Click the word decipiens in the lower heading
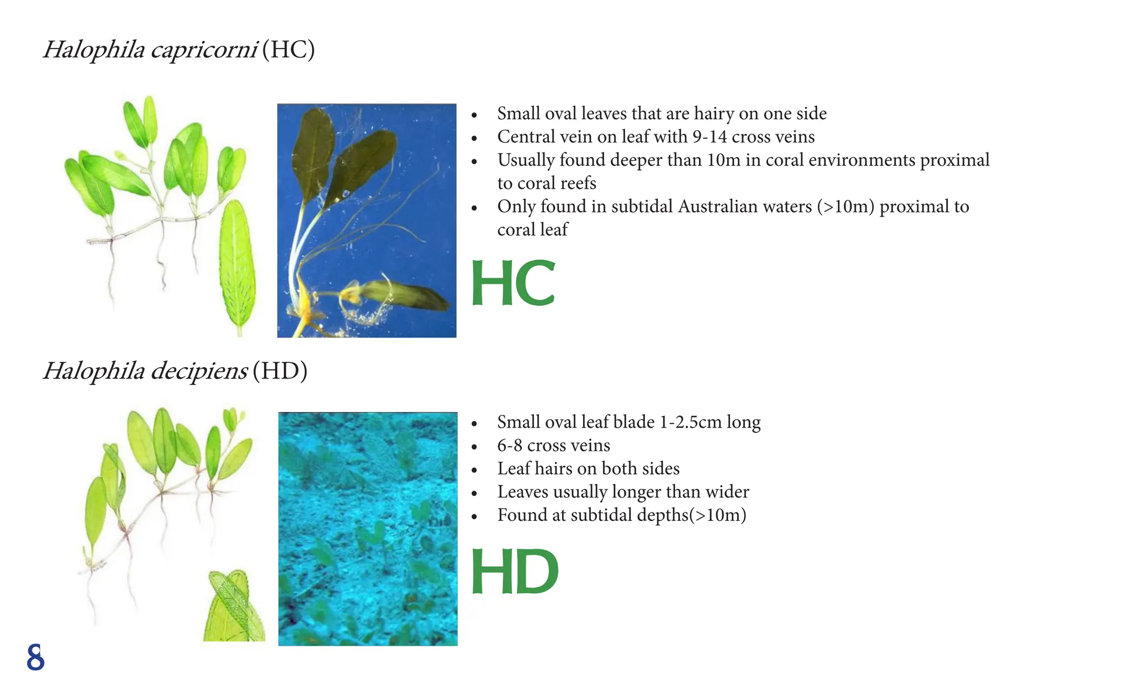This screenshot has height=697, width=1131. coord(199,371)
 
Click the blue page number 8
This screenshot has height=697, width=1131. coord(35,657)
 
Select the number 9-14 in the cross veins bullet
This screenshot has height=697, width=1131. coord(709,137)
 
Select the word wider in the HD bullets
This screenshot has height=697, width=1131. coord(727,492)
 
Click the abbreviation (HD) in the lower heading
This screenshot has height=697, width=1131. coord(280,371)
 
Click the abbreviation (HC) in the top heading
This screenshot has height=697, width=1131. coord(288,50)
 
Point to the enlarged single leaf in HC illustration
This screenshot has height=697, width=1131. coord(237,265)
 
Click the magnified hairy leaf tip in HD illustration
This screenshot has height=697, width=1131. coord(235,605)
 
